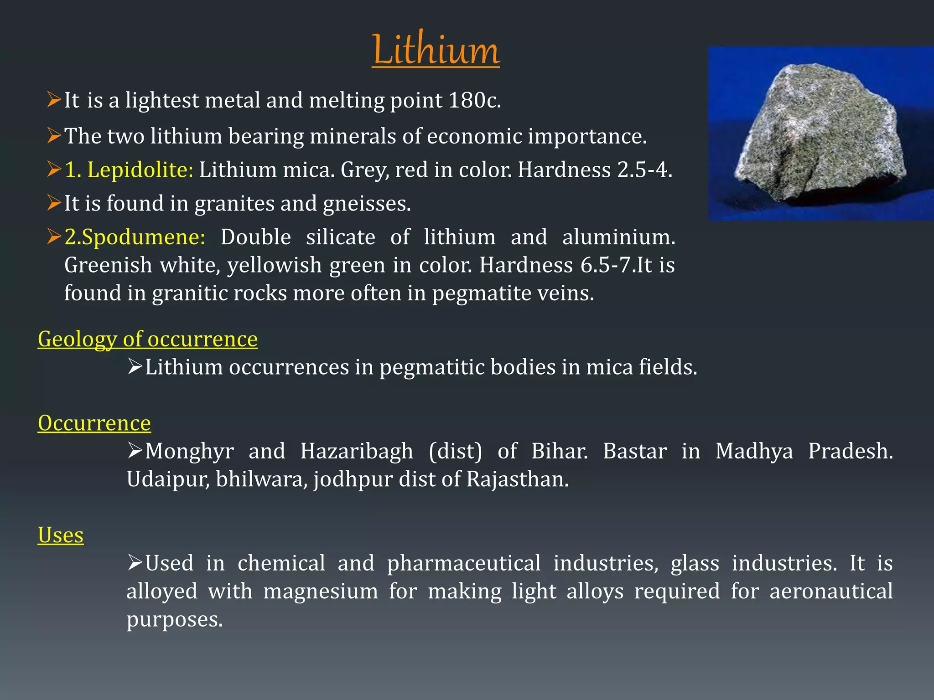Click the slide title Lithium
pyautogui.click(x=436, y=50)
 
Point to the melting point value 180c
pyautogui.click(x=474, y=100)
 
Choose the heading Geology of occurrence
pyautogui.click(x=148, y=339)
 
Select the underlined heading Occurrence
pyautogui.click(x=94, y=423)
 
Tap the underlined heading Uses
pyautogui.click(x=61, y=535)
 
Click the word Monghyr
pyautogui.click(x=189, y=451)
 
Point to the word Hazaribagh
pyautogui.click(x=357, y=451)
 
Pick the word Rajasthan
pyautogui.click(x=517, y=479)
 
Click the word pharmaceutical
pyautogui.click(x=464, y=563)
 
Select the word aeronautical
pyautogui.click(x=831, y=592)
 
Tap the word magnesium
pyautogui.click(x=321, y=592)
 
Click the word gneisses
pyautogui.click(x=367, y=203)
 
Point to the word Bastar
pyautogui.click(x=635, y=451)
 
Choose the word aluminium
pyautogui.click(x=618, y=237)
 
